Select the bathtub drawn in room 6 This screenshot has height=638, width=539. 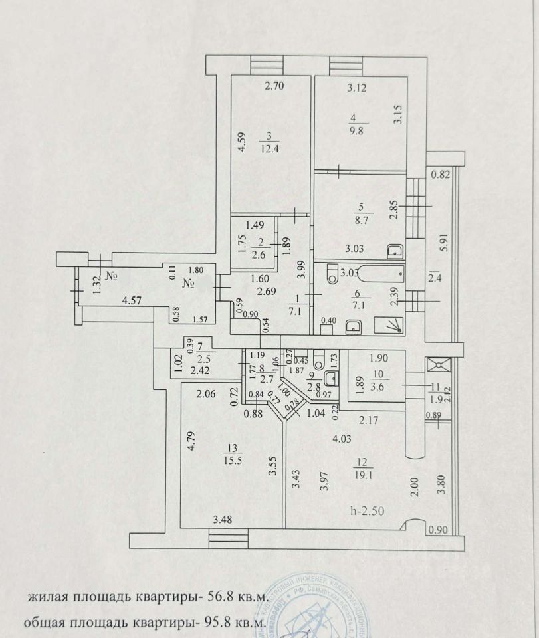coord(372,272)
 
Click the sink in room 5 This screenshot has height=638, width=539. coord(394,252)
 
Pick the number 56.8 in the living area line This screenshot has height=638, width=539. coord(219,597)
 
